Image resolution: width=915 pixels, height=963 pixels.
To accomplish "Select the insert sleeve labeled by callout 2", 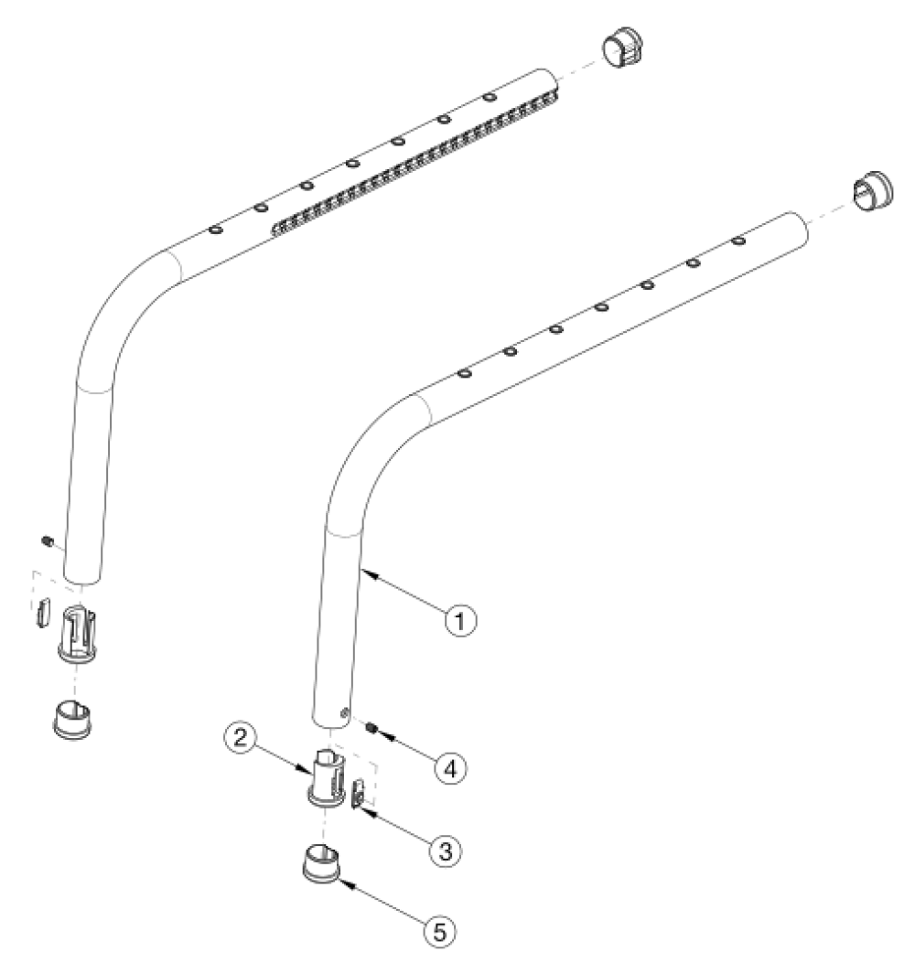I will pos(325,778).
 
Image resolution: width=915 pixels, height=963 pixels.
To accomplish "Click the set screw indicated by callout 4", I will pos(373,729).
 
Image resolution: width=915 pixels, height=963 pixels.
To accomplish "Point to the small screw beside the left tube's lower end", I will pos(45,545).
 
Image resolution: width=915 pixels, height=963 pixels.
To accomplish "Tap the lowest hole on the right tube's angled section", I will pos(465,373).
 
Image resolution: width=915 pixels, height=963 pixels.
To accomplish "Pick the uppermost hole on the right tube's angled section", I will pos(737,241).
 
